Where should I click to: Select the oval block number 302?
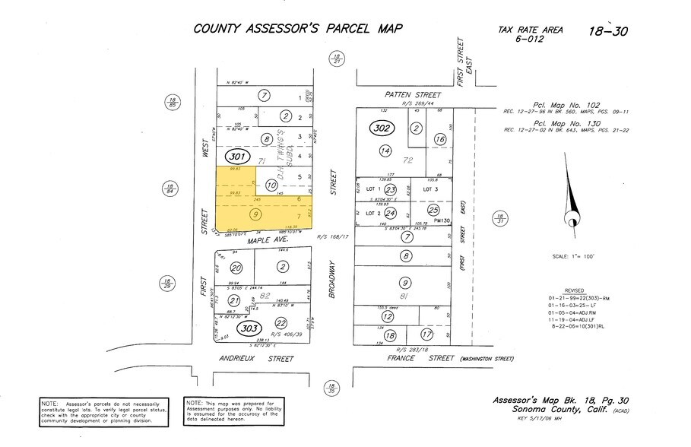382,128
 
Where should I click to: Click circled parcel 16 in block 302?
439,139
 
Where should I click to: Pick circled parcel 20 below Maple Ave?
236,268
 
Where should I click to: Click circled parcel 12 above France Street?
388,316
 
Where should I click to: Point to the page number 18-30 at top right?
609,31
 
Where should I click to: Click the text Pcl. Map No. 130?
560,124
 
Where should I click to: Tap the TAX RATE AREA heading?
530,30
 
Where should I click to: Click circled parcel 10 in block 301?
271,185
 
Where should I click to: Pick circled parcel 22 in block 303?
282,322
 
